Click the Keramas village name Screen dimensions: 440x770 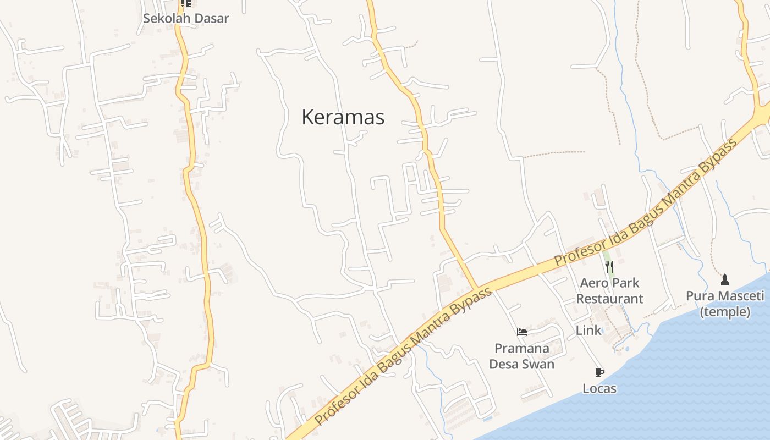coord(343,117)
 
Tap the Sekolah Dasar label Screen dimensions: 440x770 coord(186,18)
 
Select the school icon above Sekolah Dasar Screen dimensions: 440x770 coord(186,3)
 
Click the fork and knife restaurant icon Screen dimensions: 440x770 coord(609,267)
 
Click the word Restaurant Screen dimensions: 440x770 coord(609,299)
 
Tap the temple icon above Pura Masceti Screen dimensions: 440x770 coord(725,279)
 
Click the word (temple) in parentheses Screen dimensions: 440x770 coord(725,312)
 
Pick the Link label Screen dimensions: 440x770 coord(588,331)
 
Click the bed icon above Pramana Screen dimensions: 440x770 coord(522,332)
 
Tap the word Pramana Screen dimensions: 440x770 coord(521,348)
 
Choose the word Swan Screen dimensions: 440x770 coord(539,364)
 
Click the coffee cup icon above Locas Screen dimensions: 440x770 coord(599,373)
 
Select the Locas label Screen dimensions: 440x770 coord(599,389)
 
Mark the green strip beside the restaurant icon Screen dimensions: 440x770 coord(606,257)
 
